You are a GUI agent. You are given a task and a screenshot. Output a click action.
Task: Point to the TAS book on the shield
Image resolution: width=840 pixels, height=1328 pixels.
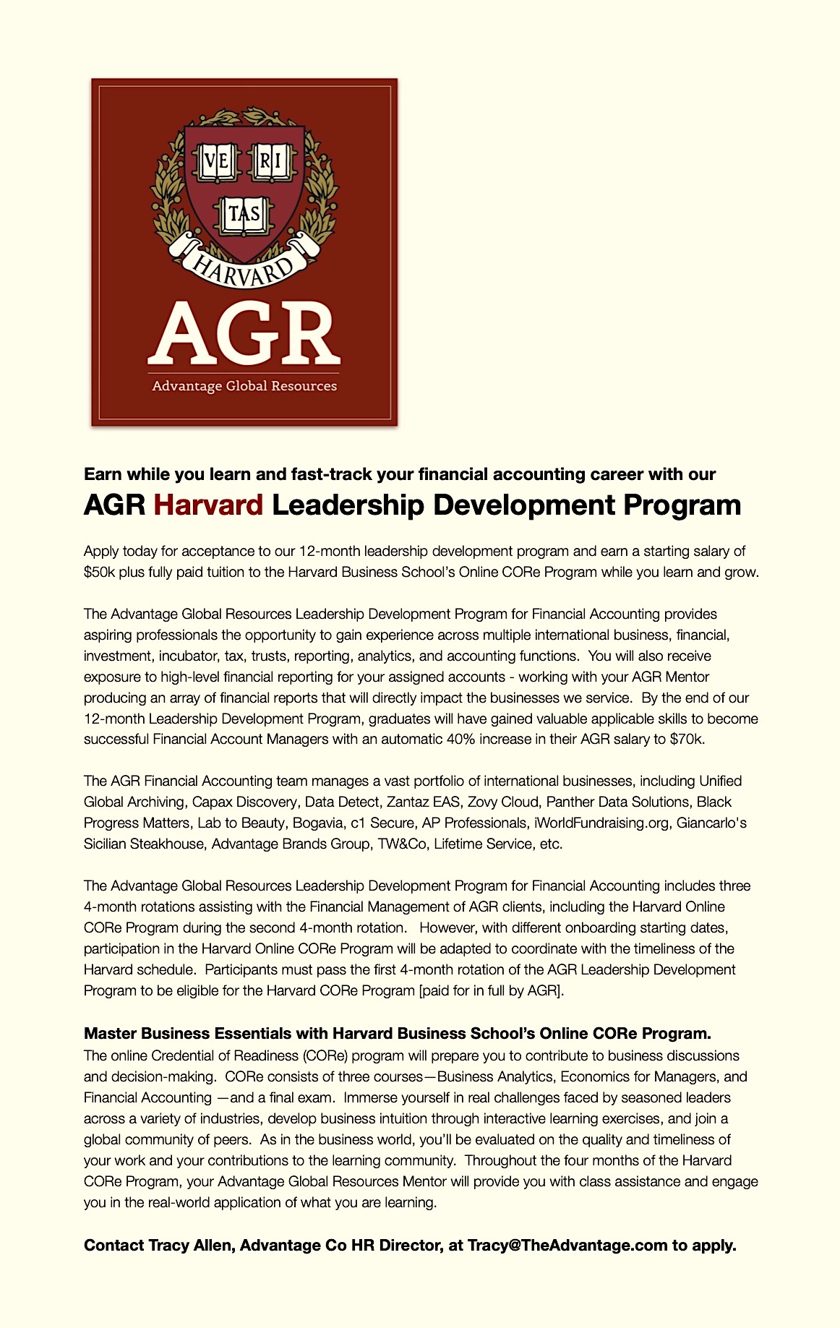tap(244, 215)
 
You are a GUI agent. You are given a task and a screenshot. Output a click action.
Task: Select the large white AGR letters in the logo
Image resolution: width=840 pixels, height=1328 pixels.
tap(244, 334)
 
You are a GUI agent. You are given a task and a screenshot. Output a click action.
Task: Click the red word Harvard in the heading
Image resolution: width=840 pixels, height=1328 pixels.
tap(208, 505)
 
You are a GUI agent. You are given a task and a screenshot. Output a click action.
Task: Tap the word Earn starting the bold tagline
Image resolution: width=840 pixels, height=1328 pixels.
tap(103, 474)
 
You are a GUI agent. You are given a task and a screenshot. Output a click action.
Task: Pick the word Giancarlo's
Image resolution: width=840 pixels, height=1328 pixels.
tap(711, 823)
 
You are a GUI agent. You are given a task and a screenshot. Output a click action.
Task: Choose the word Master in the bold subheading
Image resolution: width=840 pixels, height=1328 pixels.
tap(108, 1033)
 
